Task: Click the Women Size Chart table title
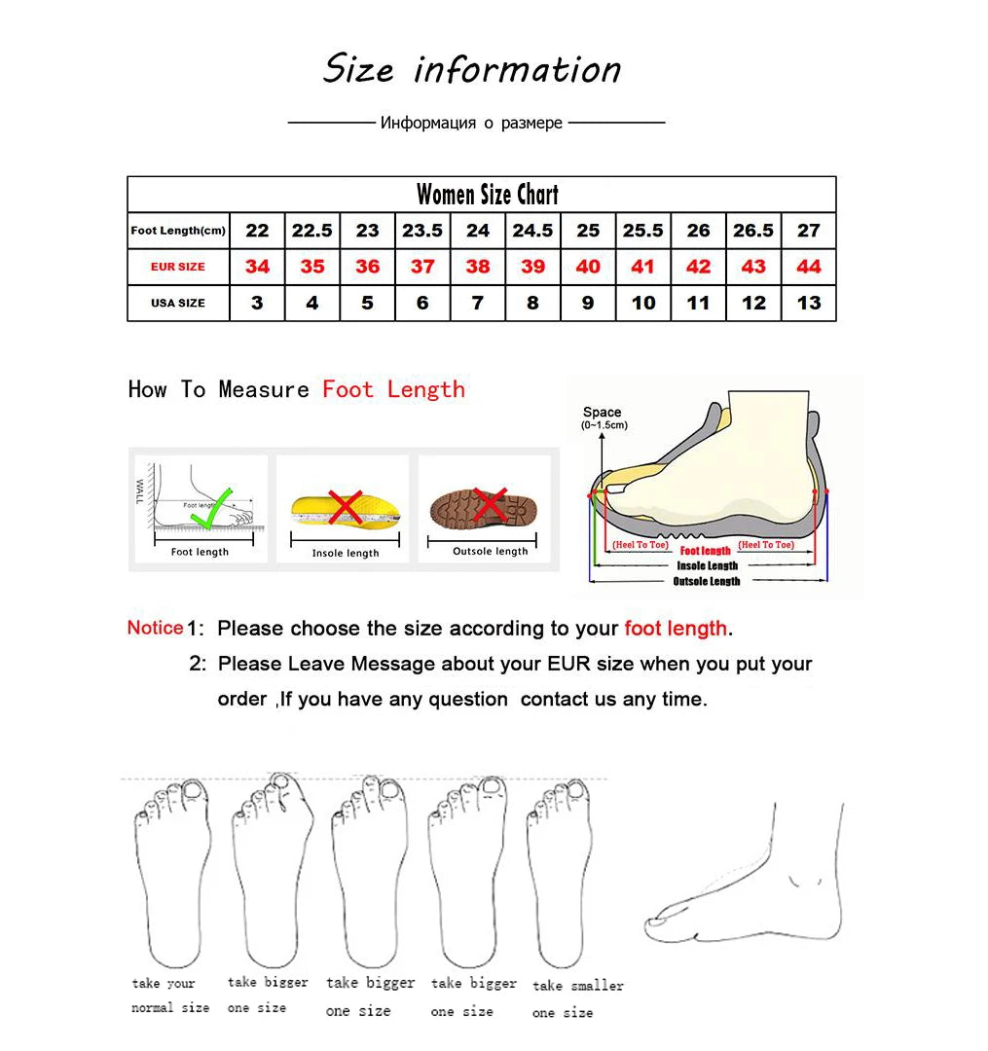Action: (x=487, y=195)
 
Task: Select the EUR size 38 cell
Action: (x=478, y=267)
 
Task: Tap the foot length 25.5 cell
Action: (x=642, y=231)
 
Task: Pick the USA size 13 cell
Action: (x=809, y=303)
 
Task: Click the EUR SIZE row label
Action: (x=178, y=267)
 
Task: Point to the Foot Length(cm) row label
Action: (x=178, y=231)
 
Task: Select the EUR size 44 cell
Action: (x=809, y=267)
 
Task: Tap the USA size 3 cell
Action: (x=257, y=303)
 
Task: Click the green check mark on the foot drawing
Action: (x=213, y=508)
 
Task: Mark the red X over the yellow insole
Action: (x=347, y=508)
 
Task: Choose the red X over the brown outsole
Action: (x=490, y=506)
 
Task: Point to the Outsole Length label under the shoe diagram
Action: (x=707, y=581)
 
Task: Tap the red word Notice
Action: (x=155, y=628)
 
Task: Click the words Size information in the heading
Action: (x=472, y=69)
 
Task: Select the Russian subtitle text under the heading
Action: (x=471, y=124)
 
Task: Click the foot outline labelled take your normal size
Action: (x=171, y=871)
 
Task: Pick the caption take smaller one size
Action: (x=577, y=998)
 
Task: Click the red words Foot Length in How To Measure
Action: (x=393, y=389)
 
